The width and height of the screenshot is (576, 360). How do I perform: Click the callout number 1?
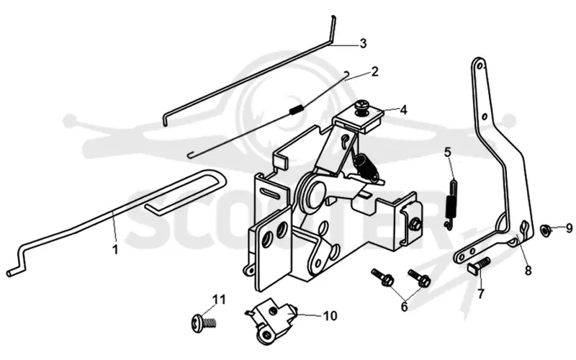point(115,250)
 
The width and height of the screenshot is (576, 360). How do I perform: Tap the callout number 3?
point(363,44)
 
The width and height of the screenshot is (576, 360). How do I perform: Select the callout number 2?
point(374,71)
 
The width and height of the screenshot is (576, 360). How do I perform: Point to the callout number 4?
point(403,110)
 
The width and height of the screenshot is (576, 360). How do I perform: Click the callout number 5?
point(447,152)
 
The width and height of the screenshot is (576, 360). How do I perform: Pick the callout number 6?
point(404,306)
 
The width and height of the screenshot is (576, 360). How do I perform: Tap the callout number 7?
point(480,294)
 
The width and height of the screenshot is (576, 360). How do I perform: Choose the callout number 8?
point(528,271)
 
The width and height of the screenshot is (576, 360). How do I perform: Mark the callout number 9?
point(569,228)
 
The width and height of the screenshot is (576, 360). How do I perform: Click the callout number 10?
point(330,315)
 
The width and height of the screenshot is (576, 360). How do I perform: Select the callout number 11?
point(219,300)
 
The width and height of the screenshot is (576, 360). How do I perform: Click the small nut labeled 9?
point(544,230)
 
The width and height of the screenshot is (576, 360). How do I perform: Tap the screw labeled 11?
point(204,323)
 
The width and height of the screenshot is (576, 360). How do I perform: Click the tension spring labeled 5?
point(451,204)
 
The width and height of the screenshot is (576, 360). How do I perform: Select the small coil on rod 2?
point(297,109)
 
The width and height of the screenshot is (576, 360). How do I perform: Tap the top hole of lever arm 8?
point(480,66)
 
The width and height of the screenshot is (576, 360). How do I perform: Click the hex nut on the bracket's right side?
point(415,224)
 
